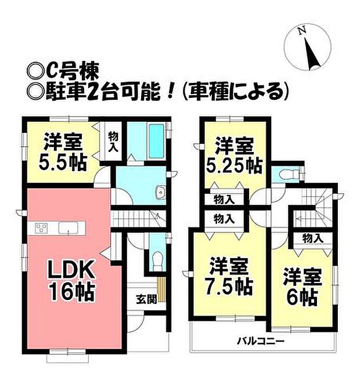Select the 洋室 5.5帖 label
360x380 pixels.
pyautogui.click(x=64, y=151)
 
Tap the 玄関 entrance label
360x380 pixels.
pyautogui.click(x=145, y=299)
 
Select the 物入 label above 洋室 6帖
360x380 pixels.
pyautogui.click(x=312, y=238)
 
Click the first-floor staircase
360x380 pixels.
pyautogui.click(x=139, y=219)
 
